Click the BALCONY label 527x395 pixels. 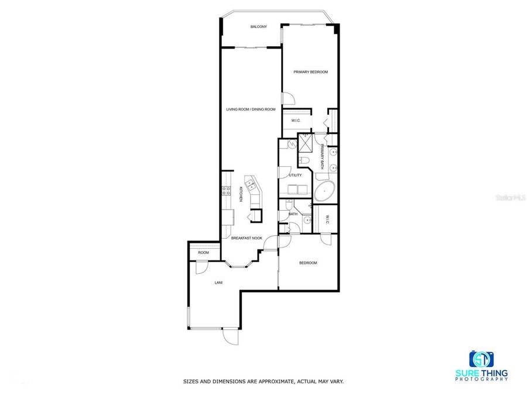point(259,27)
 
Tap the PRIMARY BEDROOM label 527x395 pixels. point(310,72)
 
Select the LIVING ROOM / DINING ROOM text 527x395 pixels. point(251,109)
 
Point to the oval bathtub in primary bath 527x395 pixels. point(325,191)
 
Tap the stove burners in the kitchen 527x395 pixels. point(225,190)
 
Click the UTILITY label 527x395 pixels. point(295,175)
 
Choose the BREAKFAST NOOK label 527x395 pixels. point(245,238)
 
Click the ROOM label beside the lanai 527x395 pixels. point(203,252)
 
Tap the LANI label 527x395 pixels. point(218,283)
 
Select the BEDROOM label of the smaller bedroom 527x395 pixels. point(308,263)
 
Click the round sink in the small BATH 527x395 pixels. point(306,220)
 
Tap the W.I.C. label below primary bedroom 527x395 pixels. point(295,121)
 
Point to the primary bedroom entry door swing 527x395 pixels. point(288,99)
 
